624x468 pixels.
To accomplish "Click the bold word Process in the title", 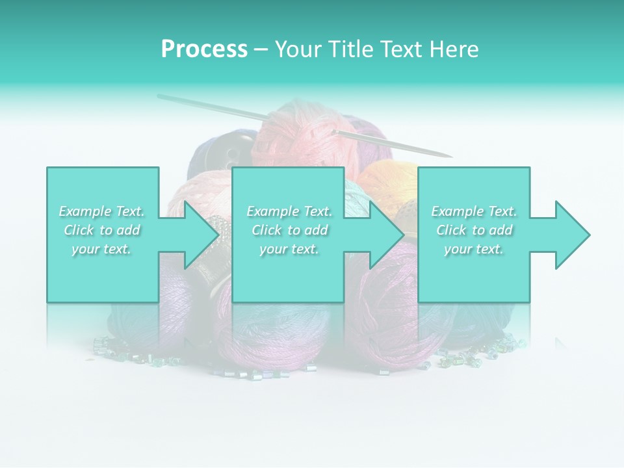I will coord(204,49).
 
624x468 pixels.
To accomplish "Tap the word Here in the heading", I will coord(453,49).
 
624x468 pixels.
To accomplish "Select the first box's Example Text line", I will coord(102,211).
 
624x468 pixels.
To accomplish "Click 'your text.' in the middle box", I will coord(289,249).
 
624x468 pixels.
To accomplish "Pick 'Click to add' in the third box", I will coord(474,230).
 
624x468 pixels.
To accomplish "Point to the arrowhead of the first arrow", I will coord(202,235).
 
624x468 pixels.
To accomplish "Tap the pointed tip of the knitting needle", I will coord(450,157).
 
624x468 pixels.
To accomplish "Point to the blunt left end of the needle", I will coord(160,96).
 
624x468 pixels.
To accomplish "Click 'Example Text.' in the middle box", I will coord(289,211).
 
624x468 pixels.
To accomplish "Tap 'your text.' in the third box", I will coord(474,249).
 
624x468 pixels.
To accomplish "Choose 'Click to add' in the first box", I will coord(102,230).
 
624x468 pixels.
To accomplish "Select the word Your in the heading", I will coord(298,49).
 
